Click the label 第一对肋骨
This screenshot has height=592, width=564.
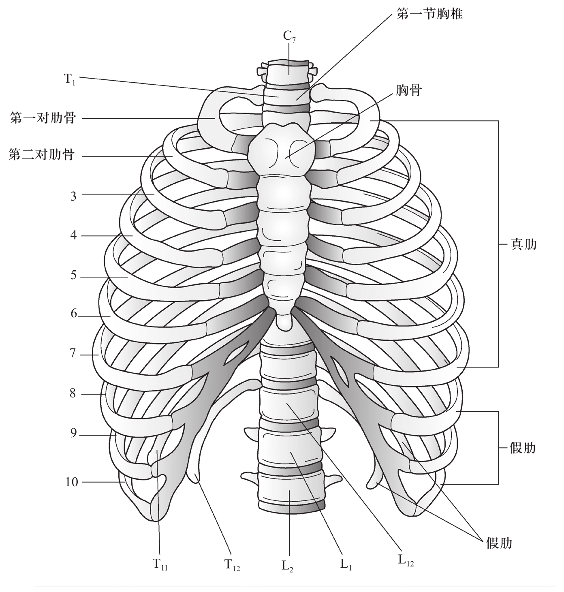coord(43,119)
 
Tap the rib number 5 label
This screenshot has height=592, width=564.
coord(73,276)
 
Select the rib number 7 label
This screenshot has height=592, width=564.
coord(73,353)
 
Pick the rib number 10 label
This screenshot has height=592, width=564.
coord(71,482)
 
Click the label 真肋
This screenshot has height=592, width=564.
coord(523,244)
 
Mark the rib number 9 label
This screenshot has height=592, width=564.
coord(73,434)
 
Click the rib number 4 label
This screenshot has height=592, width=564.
coord(73,235)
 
